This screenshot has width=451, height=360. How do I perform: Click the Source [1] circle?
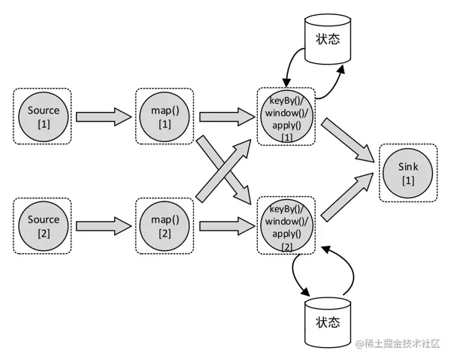pyautogui.click(x=43, y=116)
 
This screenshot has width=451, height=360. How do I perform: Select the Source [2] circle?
pyautogui.click(x=43, y=225)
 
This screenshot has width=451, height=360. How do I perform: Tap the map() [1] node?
pyautogui.click(x=165, y=116)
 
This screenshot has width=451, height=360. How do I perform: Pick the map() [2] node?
pyautogui.click(x=165, y=225)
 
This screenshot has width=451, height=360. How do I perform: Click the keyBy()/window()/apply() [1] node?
pyautogui.click(x=286, y=116)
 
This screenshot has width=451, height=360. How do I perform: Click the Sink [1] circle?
pyautogui.click(x=407, y=171)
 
